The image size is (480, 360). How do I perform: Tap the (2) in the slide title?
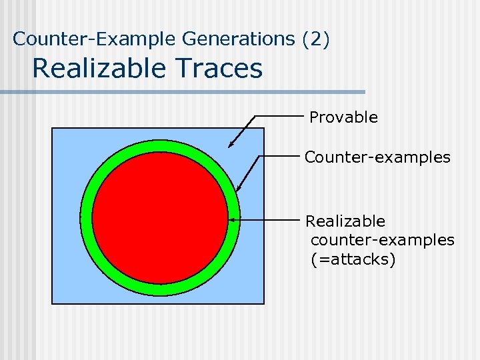click(x=315, y=39)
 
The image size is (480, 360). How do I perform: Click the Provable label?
click(x=343, y=117)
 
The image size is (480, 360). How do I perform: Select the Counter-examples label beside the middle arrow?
click(x=377, y=157)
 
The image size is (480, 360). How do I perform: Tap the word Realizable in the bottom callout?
click(x=345, y=221)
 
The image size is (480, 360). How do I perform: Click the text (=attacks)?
click(x=353, y=259)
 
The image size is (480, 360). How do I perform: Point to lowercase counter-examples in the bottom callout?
click(x=383, y=240)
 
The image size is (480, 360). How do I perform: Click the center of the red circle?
click(x=160, y=217)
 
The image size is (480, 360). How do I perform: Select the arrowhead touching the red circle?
click(x=231, y=219)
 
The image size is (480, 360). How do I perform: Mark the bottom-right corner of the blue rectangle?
click(x=264, y=304)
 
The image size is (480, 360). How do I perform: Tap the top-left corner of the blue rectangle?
click(x=53, y=128)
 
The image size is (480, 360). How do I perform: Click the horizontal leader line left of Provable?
click(x=280, y=116)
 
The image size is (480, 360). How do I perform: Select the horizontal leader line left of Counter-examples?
click(x=280, y=155)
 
